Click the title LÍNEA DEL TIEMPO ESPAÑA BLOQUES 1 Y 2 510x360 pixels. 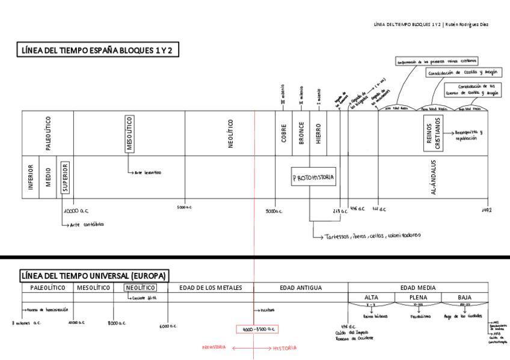tap(97, 50)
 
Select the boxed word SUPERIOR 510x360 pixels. tap(65, 177)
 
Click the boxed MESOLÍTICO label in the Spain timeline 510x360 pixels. tap(129, 133)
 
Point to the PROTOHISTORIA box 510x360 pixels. tap(313, 178)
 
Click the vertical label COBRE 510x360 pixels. tap(284, 133)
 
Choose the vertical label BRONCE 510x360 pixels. tap(301, 133)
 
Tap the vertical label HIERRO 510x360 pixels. tap(319, 133)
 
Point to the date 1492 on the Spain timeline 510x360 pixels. tap(487, 210)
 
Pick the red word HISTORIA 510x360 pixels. tap(284, 348)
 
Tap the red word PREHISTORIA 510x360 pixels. tap(214, 347)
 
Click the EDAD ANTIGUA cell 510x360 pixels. tap(301, 288)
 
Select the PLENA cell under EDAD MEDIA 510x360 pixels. tap(418, 297)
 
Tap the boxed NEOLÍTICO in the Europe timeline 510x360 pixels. tap(140, 288)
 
